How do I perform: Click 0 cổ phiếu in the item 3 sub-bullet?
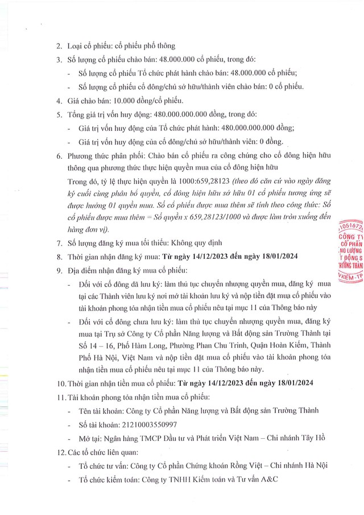pyautogui.click(x=282, y=86)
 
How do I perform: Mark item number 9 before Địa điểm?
pyautogui.click(x=60, y=269)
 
